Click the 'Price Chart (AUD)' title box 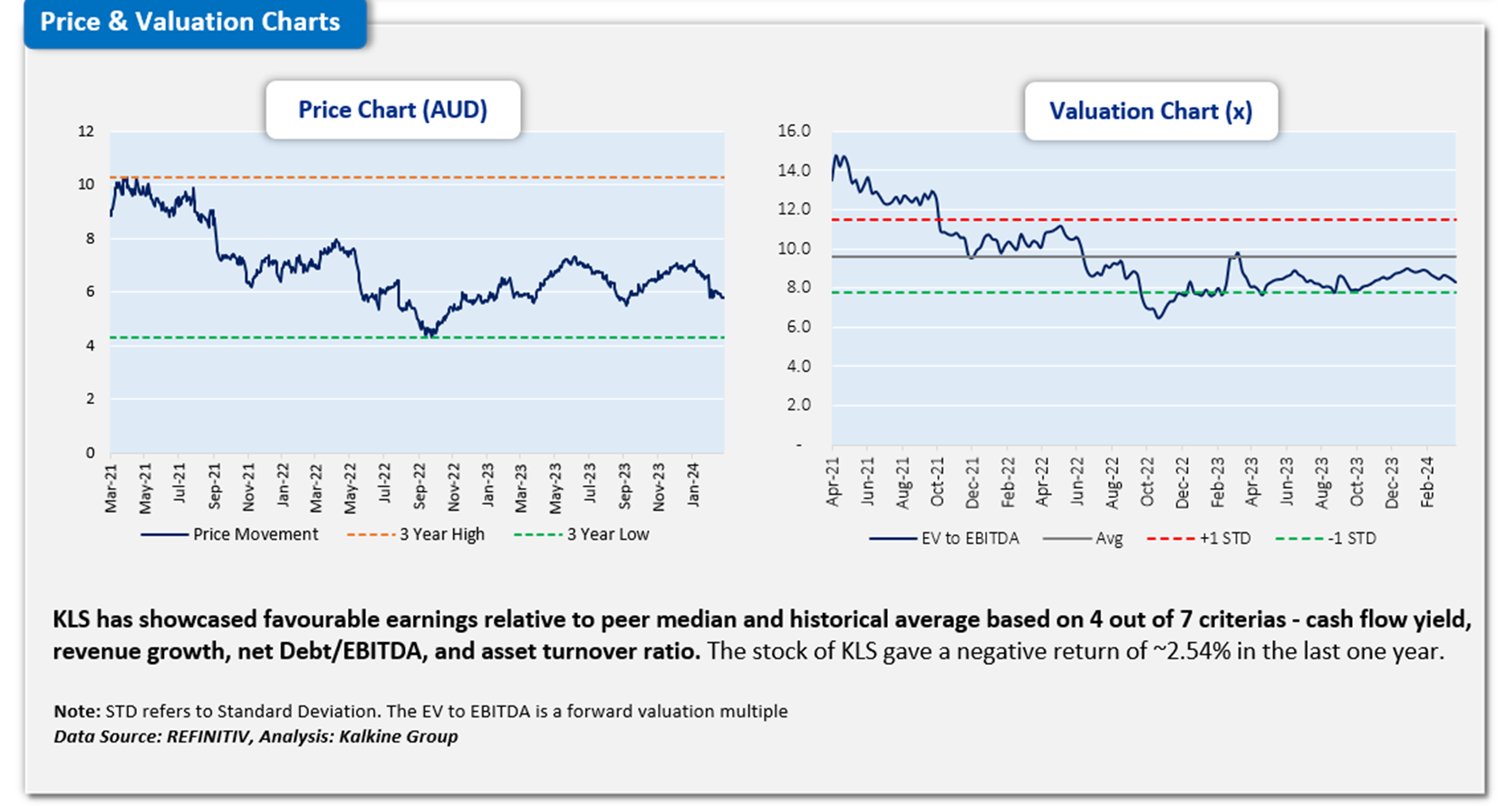[x=392, y=110]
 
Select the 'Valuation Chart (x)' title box [x=1150, y=111]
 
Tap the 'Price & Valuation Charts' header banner [x=190, y=23]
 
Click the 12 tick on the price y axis [x=86, y=131]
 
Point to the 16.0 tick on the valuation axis [x=794, y=131]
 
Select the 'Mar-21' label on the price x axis [x=111, y=490]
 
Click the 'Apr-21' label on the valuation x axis [x=833, y=481]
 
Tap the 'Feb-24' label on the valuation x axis [x=1427, y=483]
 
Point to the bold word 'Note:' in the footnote [x=77, y=711]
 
